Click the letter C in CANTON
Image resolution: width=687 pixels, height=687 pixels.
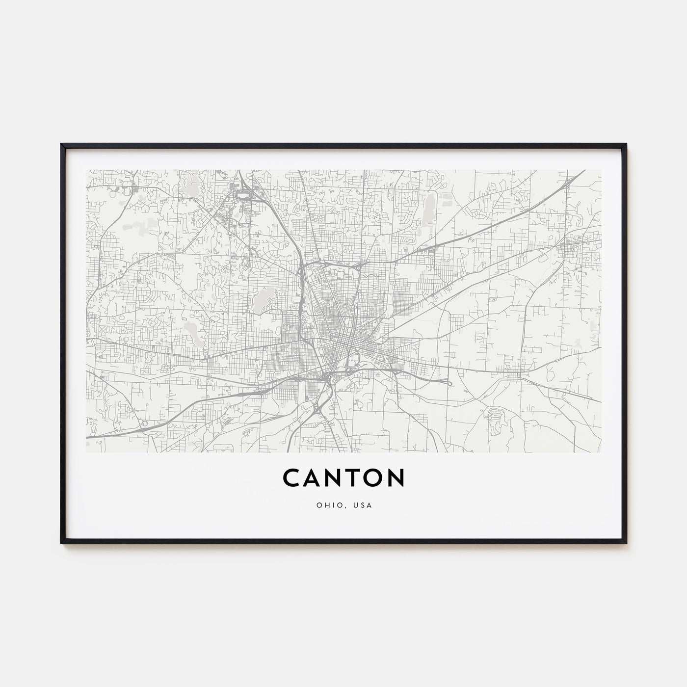coord(292,477)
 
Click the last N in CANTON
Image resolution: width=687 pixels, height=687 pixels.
coord(396,477)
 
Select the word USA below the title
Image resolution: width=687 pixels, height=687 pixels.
coord(364,505)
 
